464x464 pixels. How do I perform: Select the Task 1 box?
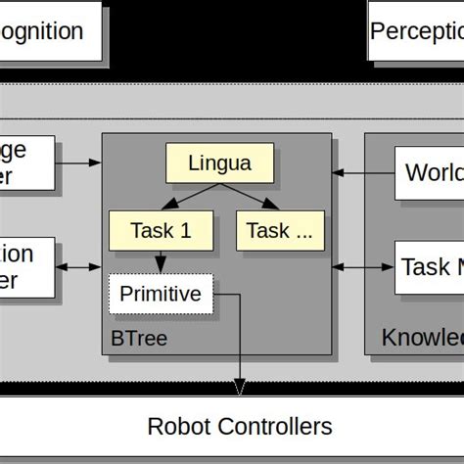tap(161, 231)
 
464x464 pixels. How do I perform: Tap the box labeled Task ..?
tap(279, 231)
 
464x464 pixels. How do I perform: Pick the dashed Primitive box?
tap(160, 293)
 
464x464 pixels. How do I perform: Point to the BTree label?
tap(139, 339)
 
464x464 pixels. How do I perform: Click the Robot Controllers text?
tap(240, 427)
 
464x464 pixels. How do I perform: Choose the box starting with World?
tap(430, 173)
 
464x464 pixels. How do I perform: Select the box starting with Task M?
tap(430, 265)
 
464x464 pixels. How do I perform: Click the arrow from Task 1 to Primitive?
tap(160, 261)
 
